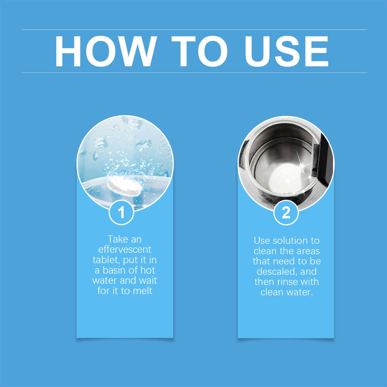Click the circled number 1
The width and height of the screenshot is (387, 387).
[122, 212]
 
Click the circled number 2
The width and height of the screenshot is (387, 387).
[286, 212]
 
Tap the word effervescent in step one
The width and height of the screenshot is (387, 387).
[125, 249]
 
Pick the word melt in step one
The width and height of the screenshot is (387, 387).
[142, 291]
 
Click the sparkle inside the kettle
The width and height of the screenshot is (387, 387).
[300, 159]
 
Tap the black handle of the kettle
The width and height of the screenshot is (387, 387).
[323, 163]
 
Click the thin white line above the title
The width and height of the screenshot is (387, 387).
[193, 29]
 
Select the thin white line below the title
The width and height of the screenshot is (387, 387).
[193, 72]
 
